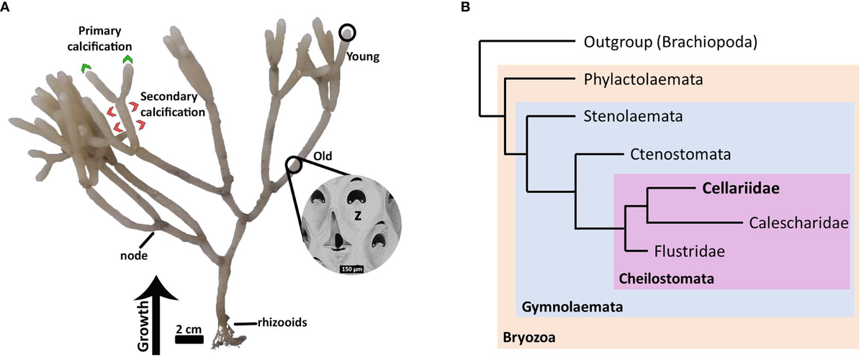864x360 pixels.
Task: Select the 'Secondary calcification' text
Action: (x=173, y=104)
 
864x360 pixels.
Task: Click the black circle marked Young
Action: (x=347, y=32)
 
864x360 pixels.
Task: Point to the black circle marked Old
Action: (x=294, y=165)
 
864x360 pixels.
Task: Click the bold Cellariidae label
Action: (x=742, y=189)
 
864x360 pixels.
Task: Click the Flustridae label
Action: (x=689, y=251)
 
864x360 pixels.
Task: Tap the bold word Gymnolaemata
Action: (x=571, y=307)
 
